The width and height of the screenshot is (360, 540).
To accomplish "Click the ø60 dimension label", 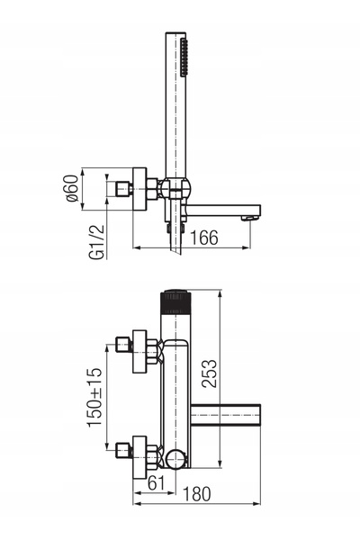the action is pyautogui.click(x=72, y=188).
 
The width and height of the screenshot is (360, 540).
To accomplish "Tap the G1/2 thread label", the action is pyautogui.click(x=96, y=242).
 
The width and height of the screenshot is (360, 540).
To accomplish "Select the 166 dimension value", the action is pyautogui.click(x=204, y=238).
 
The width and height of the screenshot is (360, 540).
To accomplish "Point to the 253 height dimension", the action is pyautogui.click(x=210, y=373).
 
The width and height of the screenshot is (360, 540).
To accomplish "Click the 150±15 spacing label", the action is pyautogui.click(x=94, y=398).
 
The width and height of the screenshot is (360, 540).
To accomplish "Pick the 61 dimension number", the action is pyautogui.click(x=156, y=482).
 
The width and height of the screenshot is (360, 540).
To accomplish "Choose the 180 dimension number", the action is pyautogui.click(x=196, y=494).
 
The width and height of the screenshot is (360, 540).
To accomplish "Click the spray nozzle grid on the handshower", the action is pyautogui.click(x=184, y=58).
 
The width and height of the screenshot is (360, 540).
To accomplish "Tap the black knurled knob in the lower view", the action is pyautogui.click(x=175, y=302).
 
